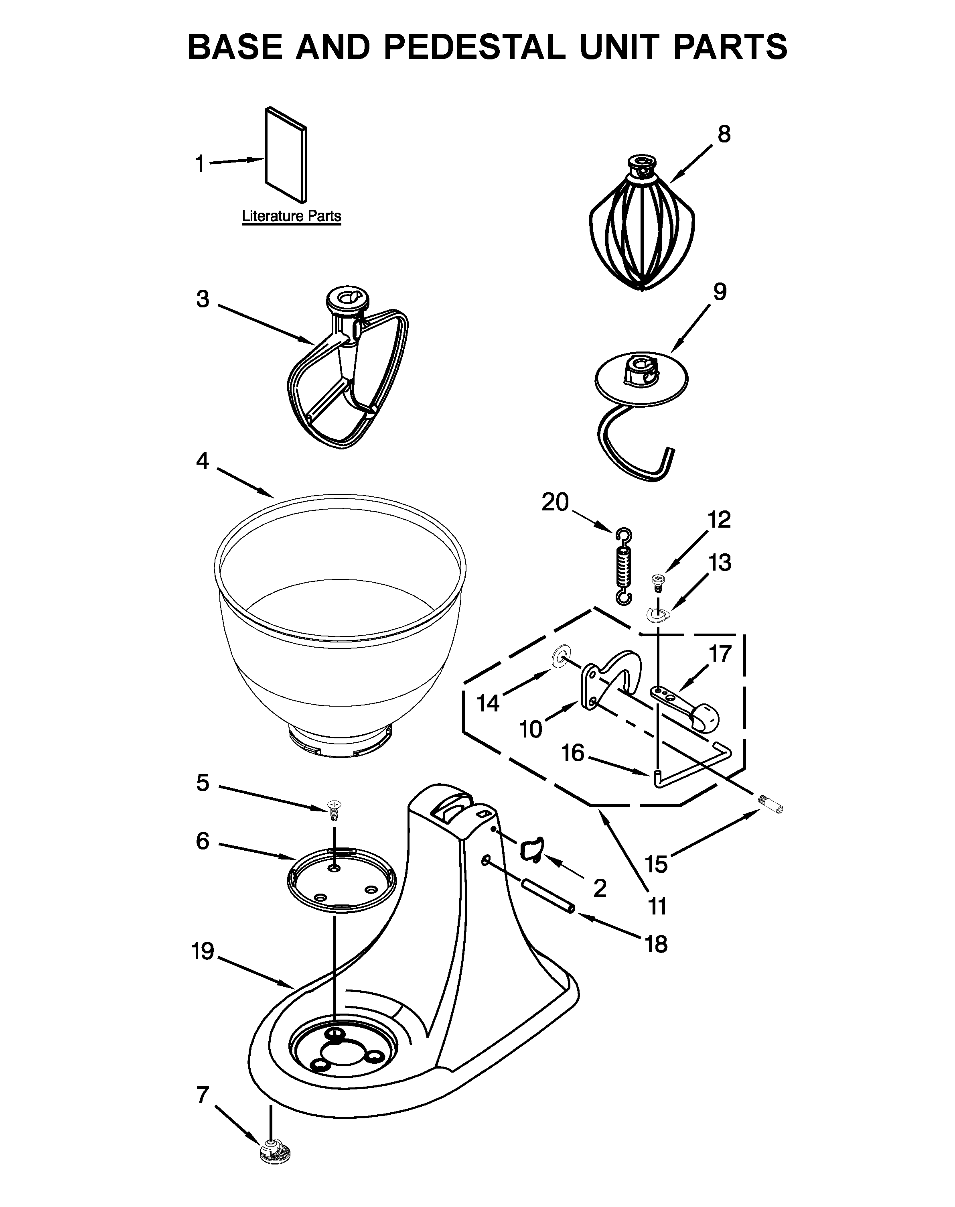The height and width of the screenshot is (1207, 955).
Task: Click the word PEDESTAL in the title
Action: (x=474, y=47)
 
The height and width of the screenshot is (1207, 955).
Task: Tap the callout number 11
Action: (x=657, y=906)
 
